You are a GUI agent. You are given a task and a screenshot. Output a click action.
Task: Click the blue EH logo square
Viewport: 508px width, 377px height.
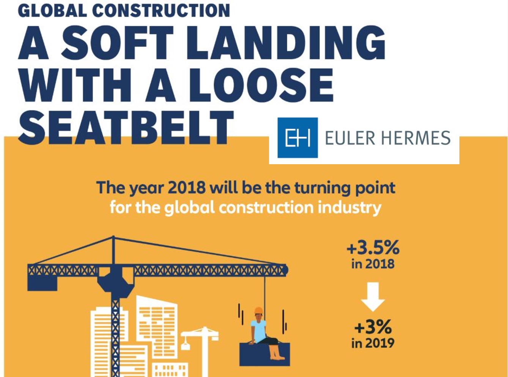point(297,138)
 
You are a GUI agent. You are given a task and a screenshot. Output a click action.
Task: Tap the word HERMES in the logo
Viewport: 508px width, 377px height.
point(416,138)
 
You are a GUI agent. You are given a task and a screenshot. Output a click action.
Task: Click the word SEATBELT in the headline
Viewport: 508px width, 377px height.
point(126,128)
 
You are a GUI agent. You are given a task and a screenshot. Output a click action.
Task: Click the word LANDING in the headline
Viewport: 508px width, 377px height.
point(286,43)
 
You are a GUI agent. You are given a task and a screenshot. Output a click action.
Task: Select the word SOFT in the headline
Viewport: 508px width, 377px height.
point(117,43)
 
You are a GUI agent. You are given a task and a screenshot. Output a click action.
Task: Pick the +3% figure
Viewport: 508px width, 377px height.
point(373,327)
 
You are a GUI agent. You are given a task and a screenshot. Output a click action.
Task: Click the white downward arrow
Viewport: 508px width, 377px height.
point(373,297)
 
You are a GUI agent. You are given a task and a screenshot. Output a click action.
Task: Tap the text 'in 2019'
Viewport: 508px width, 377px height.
point(373,343)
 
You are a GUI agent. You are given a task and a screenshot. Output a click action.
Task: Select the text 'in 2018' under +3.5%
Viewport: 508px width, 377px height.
point(373,264)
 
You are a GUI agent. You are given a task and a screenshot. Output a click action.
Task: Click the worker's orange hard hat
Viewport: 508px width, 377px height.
point(259,310)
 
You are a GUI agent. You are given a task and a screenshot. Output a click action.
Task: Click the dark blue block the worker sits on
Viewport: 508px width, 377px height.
point(264,355)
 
